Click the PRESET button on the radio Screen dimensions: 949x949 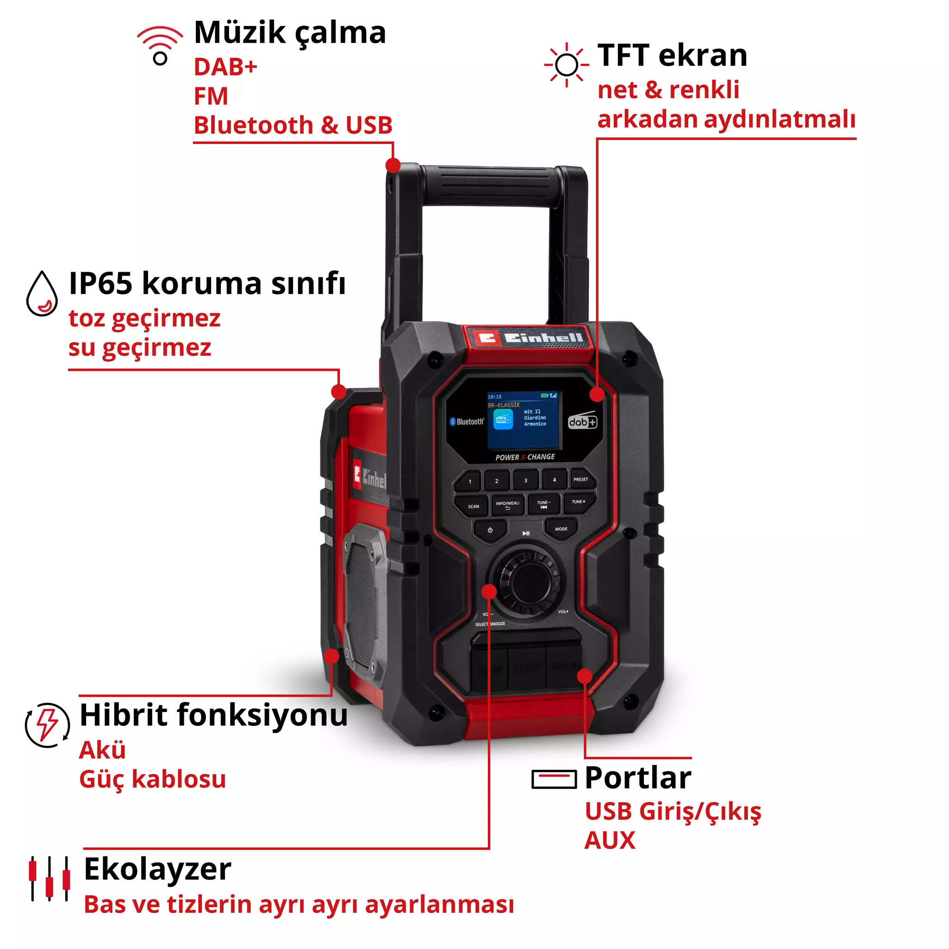pyautogui.click(x=581, y=480)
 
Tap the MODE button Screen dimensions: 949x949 pyautogui.click(x=561, y=530)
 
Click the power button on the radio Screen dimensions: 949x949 pyautogui.click(x=490, y=531)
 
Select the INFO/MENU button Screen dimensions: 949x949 pyautogui.click(x=507, y=505)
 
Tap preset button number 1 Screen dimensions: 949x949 pyautogui.click(x=470, y=482)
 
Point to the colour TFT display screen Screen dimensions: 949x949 pyautogui.click(x=524, y=420)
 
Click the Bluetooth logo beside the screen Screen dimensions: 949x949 pyautogui.click(x=466, y=421)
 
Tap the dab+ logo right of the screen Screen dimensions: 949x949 pyautogui.click(x=582, y=421)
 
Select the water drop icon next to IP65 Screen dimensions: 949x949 pyautogui.click(x=42, y=294)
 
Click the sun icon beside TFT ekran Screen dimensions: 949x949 pyautogui.click(x=566, y=65)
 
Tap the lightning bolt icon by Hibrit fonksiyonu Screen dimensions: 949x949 pyautogui.click(x=47, y=725)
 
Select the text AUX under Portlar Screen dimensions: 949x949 pyautogui.click(x=610, y=841)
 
